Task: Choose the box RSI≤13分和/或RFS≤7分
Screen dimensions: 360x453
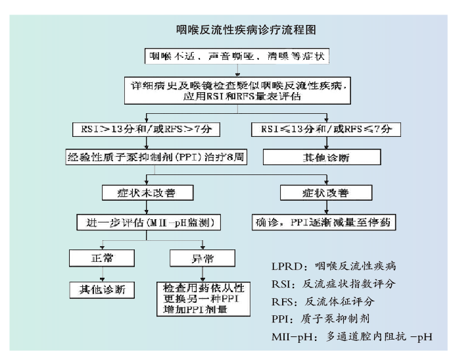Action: point(322,129)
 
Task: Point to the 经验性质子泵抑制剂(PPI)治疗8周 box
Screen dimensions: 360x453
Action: point(156,158)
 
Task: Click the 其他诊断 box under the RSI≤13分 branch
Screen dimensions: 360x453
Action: point(323,158)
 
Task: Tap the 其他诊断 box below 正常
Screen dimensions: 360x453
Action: point(100,289)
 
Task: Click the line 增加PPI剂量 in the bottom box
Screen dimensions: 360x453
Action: point(193,309)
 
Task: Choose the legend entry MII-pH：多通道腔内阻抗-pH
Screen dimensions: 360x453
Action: point(351,337)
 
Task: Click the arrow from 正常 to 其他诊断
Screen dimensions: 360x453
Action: point(100,273)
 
